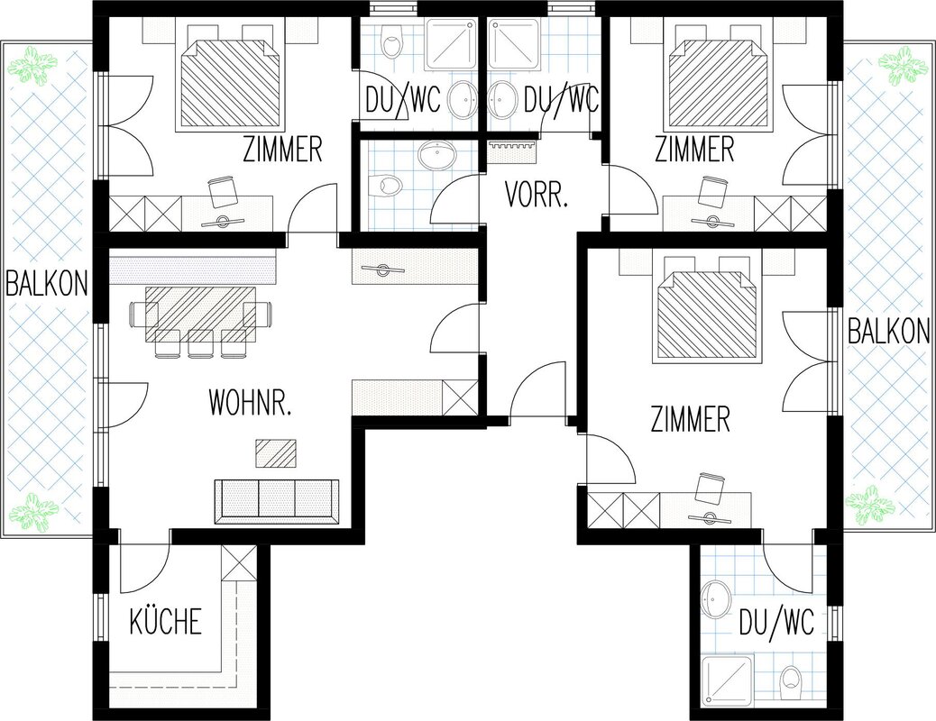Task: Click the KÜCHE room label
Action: tap(165, 621)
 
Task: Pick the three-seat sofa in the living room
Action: tap(277, 501)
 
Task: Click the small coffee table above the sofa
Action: tap(276, 453)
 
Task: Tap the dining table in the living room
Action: tap(201, 306)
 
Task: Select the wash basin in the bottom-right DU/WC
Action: tap(715, 600)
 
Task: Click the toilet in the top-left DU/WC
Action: tap(392, 41)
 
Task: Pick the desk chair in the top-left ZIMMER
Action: tap(224, 190)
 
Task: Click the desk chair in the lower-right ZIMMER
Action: tap(711, 487)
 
